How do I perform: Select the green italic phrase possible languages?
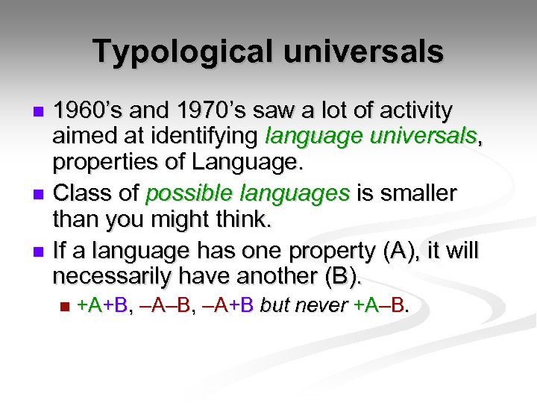tap(248, 194)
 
